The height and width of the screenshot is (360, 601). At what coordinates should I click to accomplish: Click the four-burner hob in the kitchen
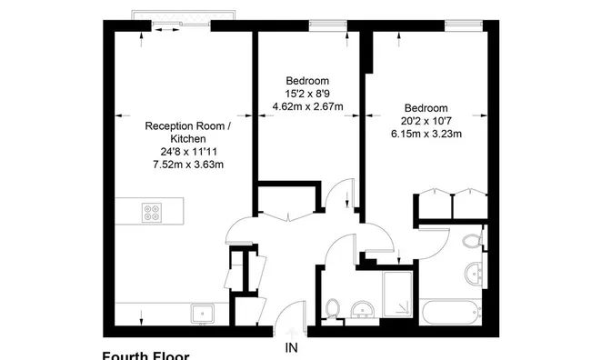[153, 214]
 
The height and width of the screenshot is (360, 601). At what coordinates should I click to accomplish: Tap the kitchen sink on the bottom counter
[201, 315]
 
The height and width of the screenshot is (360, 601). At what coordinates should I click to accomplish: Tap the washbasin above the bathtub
[473, 272]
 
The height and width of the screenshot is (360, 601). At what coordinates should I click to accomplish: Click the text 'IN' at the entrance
[291, 347]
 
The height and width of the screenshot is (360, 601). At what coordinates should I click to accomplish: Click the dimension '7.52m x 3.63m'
[187, 165]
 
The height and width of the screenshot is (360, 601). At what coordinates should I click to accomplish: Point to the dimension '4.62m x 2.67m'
[307, 106]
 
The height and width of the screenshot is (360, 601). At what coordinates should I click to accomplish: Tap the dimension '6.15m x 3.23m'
[426, 134]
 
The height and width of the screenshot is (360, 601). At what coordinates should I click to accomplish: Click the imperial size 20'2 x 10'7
[426, 120]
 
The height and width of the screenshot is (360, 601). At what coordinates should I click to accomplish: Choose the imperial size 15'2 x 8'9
[307, 93]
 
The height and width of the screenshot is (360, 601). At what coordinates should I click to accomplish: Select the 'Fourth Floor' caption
[145, 355]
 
